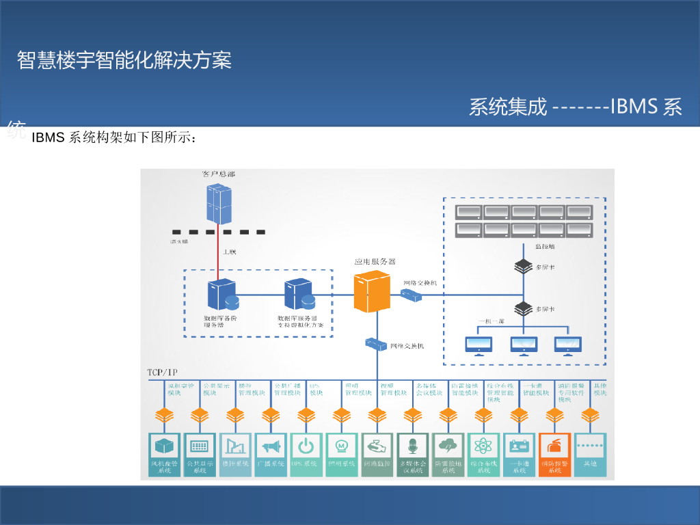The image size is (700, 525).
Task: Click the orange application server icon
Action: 371,291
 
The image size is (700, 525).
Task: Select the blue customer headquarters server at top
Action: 218,204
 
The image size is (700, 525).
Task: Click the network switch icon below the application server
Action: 376,344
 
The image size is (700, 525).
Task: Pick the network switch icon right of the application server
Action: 411,295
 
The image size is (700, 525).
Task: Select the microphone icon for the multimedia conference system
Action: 412,447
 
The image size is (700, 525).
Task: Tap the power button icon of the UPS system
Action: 306,447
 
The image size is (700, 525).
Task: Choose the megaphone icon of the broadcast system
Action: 271,447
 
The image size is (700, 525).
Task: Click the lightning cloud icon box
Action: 448,447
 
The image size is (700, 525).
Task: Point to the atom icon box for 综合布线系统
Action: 483,447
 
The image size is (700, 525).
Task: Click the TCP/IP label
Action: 162,372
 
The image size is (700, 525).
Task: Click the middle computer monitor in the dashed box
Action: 524,345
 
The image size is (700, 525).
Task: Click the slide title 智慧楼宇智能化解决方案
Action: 124,60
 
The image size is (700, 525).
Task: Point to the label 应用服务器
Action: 375,261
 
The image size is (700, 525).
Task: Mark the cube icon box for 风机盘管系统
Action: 165,447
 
